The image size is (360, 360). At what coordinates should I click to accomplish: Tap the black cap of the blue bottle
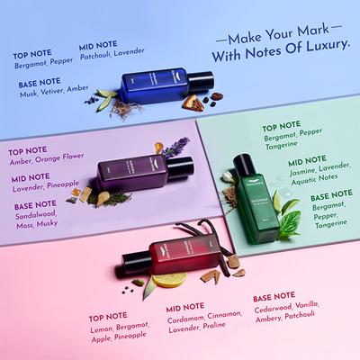click(x=202, y=83)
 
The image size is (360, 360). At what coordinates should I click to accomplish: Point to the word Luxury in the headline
click(x=319, y=65)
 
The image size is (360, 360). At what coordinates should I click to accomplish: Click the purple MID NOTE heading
click(x=31, y=176)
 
